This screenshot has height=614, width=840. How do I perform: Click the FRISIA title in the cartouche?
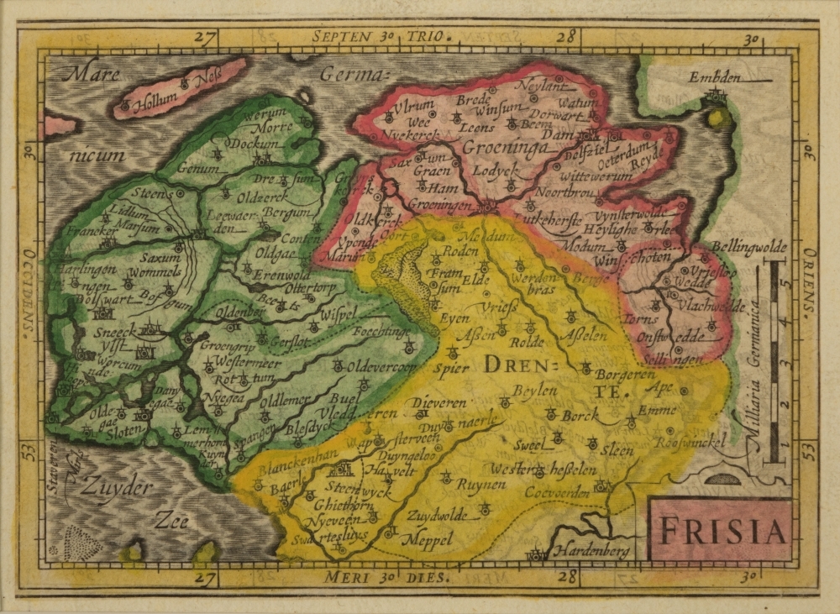tap(722, 531)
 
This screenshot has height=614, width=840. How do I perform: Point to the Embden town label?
tap(716, 77)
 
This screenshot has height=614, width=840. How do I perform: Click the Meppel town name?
tap(431, 538)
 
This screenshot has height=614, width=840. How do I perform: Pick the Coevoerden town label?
tap(558, 492)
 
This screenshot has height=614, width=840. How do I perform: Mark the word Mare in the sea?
tap(93, 74)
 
